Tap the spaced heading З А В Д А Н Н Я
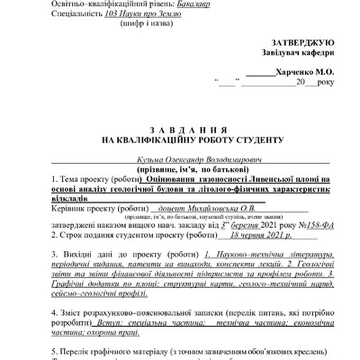tap(180, 129)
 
